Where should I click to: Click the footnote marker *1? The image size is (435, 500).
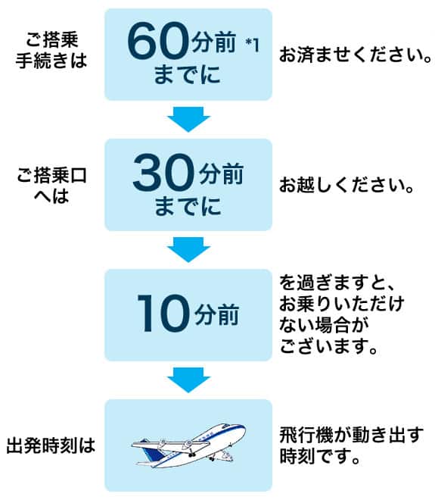(252, 44)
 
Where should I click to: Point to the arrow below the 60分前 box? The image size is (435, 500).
(187, 119)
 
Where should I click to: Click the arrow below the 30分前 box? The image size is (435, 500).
(187, 249)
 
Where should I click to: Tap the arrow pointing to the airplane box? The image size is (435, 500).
(187, 380)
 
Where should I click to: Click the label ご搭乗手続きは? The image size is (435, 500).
(52, 50)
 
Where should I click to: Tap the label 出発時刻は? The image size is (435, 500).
(51, 445)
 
